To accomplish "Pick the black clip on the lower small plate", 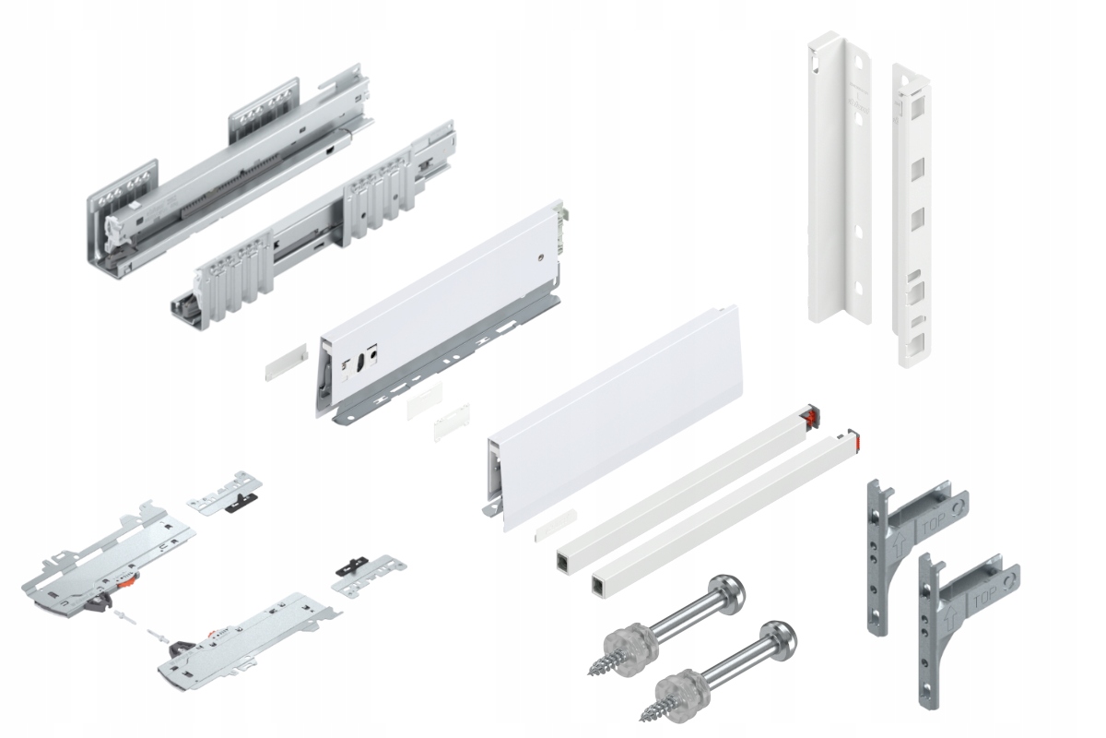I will coord(350,567).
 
